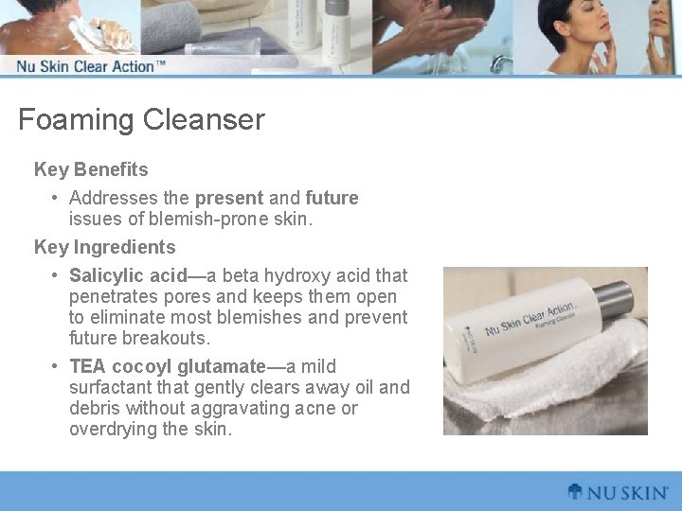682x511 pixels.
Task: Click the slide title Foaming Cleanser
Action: click(141, 120)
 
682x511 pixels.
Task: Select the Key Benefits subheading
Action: click(91, 170)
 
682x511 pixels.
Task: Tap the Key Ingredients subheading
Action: click(104, 248)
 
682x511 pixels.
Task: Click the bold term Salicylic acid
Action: click(128, 276)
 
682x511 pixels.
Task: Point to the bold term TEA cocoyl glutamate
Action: click(167, 367)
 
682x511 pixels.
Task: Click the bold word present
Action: click(228, 199)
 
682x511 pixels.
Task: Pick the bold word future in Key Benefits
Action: click(332, 199)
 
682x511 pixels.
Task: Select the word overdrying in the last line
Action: click(112, 430)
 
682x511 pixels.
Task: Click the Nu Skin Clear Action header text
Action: click(91, 66)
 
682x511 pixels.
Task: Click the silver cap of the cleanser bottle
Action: click(613, 300)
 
